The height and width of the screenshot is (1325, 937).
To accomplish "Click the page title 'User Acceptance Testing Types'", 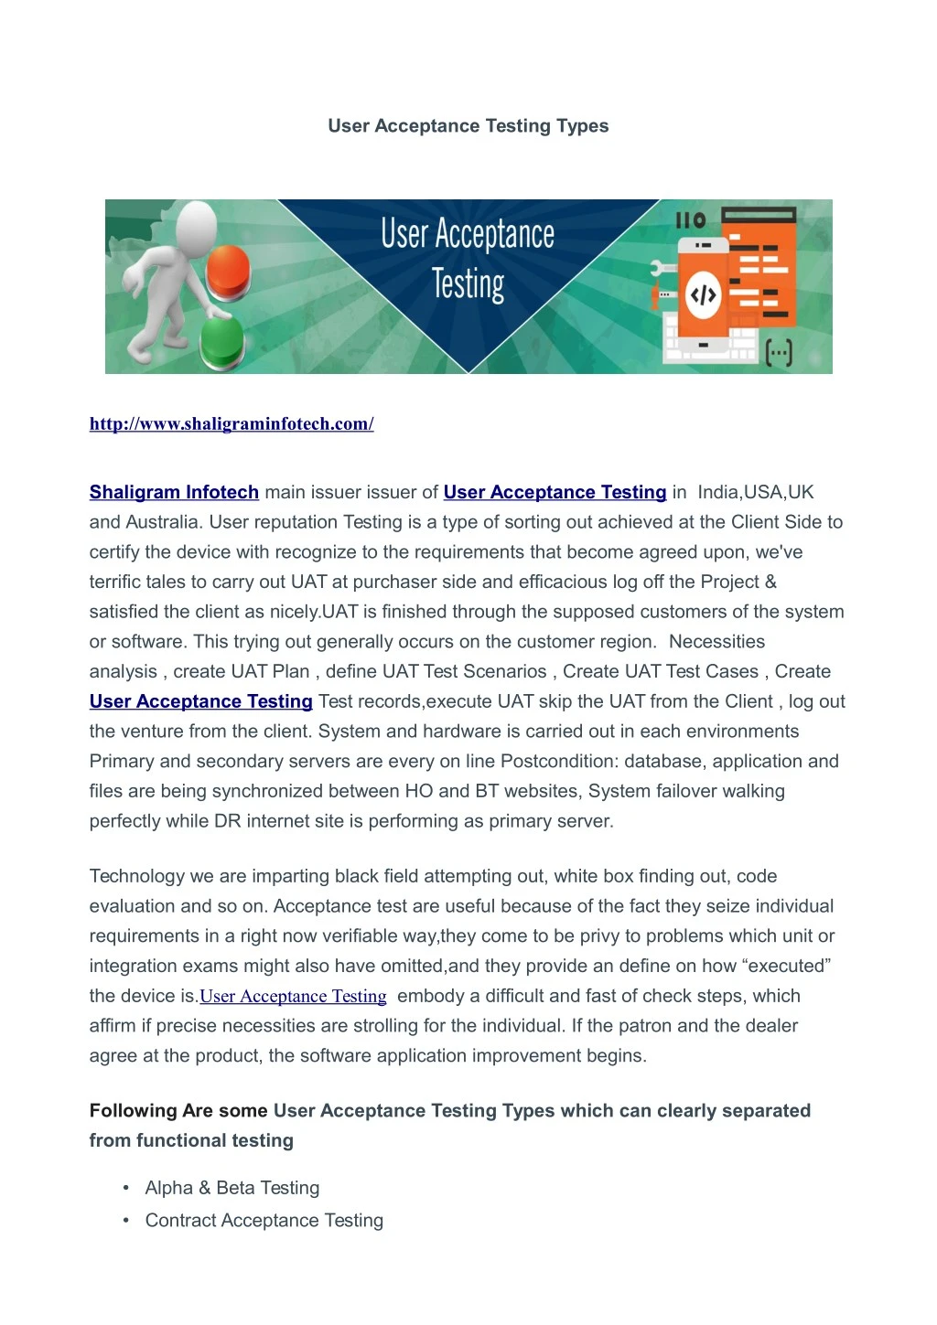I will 468,126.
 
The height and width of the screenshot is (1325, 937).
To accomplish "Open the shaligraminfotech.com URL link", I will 232,423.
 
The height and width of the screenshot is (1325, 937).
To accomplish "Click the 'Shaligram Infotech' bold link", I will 174,492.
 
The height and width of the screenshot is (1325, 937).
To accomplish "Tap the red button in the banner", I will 228,270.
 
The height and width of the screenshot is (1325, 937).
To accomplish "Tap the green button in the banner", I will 221,341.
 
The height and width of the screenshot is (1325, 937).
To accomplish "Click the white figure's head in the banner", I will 196,225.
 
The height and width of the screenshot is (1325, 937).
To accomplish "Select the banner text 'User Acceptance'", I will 468,234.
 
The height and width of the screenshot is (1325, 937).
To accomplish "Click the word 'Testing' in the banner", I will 468,283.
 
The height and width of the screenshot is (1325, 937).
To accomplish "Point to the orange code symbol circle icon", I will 702,294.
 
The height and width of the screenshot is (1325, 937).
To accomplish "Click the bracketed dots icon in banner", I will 778,352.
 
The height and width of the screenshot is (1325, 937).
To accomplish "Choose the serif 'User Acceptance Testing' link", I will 293,996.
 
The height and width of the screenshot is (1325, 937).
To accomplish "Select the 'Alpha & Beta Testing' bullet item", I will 232,1188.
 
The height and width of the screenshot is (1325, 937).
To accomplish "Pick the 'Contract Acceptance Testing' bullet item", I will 264,1220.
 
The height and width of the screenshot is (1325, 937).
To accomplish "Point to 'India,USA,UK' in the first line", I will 755,492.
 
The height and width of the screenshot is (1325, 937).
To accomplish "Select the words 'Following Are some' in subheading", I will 178,1110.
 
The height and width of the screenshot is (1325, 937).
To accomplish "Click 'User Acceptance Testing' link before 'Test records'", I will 201,701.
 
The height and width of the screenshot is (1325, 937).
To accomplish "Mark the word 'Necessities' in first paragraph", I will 716,641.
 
